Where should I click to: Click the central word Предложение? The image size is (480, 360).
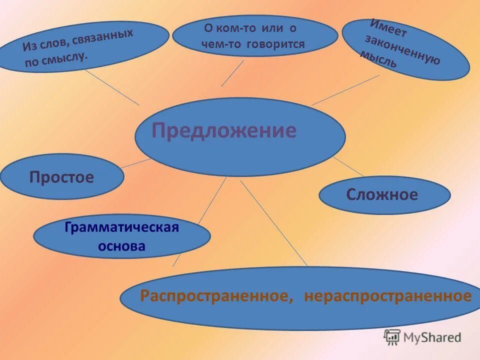pyautogui.click(x=224, y=131)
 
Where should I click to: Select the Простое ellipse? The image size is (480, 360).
pyautogui.click(x=61, y=177)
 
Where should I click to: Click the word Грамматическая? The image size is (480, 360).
pyautogui.click(x=121, y=228)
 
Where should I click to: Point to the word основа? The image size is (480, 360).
pyautogui.click(x=122, y=246)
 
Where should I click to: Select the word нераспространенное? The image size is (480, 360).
pyautogui.click(x=387, y=296)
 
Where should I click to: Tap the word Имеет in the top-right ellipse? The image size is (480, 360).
pyautogui.click(x=388, y=29)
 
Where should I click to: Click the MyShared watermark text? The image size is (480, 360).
pyautogui.click(x=433, y=337)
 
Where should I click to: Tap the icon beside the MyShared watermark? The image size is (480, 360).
pyautogui.click(x=392, y=337)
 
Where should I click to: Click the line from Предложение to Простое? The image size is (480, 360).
pyautogui.click(x=136, y=163)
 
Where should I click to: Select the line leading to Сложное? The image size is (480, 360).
pyautogui.click(x=348, y=166)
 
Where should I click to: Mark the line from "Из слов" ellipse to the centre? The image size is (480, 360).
pyautogui.click(x=111, y=87)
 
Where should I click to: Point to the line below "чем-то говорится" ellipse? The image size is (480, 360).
pyautogui.click(x=232, y=73)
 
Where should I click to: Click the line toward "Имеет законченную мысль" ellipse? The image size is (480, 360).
pyautogui.click(x=345, y=90)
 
